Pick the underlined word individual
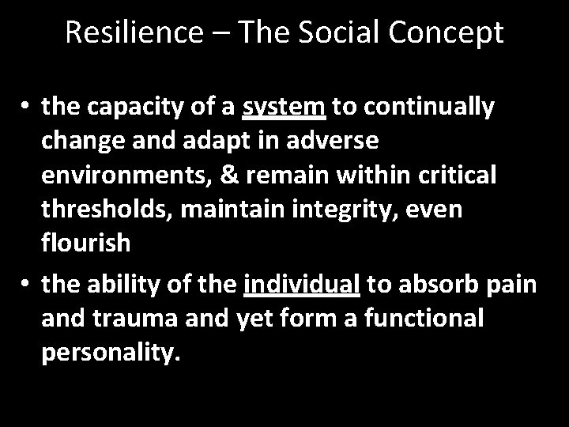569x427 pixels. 302,282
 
